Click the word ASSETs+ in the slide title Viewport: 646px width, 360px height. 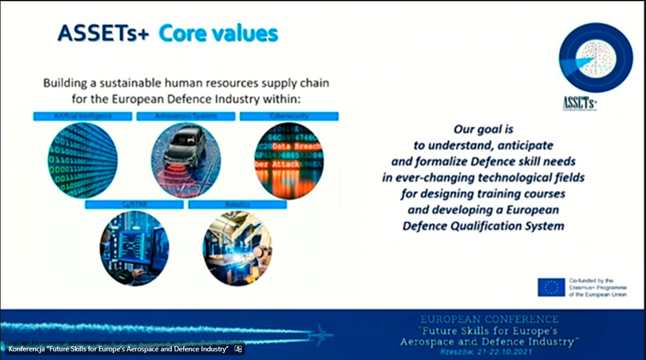pos(104,33)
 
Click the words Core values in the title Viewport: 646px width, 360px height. pos(218,33)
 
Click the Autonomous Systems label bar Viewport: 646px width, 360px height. pos(185,116)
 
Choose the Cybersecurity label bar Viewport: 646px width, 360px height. pos(289,116)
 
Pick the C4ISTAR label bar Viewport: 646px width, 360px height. pos(134,204)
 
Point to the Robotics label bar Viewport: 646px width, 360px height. pos(237,204)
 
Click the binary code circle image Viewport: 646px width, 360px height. pos(82,159)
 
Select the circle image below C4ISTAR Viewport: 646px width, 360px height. pos(134,248)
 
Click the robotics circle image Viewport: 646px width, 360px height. pos(237,248)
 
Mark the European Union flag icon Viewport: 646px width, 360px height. pos(550,287)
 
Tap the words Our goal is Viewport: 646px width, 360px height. pos(483,129)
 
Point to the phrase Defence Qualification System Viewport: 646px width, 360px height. pos(483,226)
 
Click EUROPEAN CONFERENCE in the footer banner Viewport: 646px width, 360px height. pos(490,319)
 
